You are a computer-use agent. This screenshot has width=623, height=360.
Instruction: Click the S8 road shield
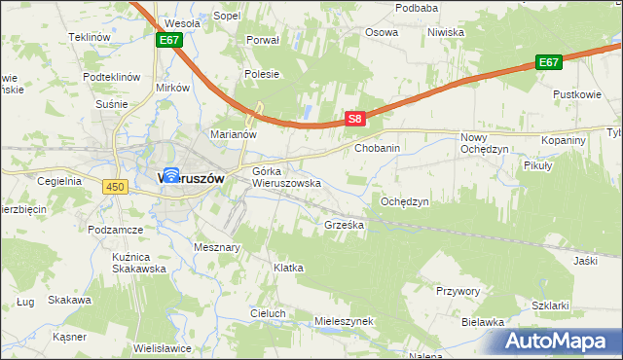(357, 120)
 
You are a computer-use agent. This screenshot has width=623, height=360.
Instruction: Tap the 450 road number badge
(117, 186)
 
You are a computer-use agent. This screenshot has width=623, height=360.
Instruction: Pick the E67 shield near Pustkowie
(550, 62)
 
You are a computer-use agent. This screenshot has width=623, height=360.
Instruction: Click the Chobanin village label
(378, 149)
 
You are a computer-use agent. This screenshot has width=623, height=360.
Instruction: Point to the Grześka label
(344, 225)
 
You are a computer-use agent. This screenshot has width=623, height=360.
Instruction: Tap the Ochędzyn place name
(404, 201)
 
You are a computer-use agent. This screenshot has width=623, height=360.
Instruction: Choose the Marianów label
(233, 135)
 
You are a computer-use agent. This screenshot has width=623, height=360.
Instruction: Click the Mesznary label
(217, 247)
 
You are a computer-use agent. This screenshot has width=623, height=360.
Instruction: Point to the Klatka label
(288, 267)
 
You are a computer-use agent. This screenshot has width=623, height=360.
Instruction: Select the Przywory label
(458, 290)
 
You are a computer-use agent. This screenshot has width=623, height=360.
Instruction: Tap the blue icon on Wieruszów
(171, 176)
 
